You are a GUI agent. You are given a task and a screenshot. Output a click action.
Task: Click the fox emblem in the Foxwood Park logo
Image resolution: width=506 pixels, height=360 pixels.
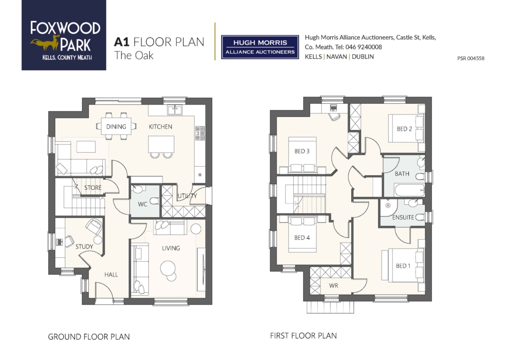point(45,43)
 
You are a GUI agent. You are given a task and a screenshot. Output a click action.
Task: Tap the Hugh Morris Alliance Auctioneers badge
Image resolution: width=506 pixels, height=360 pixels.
point(260,47)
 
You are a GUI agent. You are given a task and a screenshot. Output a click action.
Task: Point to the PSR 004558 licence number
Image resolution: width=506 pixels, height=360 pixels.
point(471,58)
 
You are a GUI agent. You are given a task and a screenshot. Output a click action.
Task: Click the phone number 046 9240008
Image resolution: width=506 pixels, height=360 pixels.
point(364,47)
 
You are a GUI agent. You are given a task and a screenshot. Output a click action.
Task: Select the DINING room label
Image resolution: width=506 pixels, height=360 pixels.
point(116,127)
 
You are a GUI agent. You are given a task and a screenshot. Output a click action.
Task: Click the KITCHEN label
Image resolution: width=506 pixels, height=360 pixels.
point(160,127)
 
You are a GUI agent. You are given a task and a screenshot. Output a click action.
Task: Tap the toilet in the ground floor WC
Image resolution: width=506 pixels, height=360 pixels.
point(154,201)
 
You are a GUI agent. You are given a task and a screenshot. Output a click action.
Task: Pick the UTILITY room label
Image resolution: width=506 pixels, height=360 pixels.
point(187,196)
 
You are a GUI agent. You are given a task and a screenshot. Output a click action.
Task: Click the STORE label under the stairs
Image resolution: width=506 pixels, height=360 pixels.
point(93,188)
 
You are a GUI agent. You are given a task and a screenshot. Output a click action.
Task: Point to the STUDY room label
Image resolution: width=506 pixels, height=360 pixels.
point(84,247)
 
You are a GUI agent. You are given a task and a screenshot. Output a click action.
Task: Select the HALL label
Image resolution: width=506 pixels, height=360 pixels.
point(111,275)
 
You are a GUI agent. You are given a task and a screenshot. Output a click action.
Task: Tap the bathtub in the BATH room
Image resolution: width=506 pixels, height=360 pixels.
point(409,190)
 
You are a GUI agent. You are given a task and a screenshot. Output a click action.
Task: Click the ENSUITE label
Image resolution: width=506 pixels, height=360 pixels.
point(403,218)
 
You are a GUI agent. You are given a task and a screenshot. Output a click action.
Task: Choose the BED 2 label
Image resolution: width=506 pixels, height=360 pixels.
point(404,129)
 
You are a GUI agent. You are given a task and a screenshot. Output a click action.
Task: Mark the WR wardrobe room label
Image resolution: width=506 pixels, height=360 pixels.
point(334,286)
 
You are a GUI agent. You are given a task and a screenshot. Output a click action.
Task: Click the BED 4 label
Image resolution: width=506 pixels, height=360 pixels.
point(302,238)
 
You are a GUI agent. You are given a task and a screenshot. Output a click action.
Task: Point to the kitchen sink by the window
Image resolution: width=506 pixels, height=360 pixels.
point(174,110)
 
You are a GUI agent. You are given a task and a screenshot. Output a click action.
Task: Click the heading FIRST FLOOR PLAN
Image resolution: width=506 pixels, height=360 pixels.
point(303,336)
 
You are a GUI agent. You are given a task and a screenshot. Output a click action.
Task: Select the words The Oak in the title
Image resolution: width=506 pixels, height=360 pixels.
point(134,55)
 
